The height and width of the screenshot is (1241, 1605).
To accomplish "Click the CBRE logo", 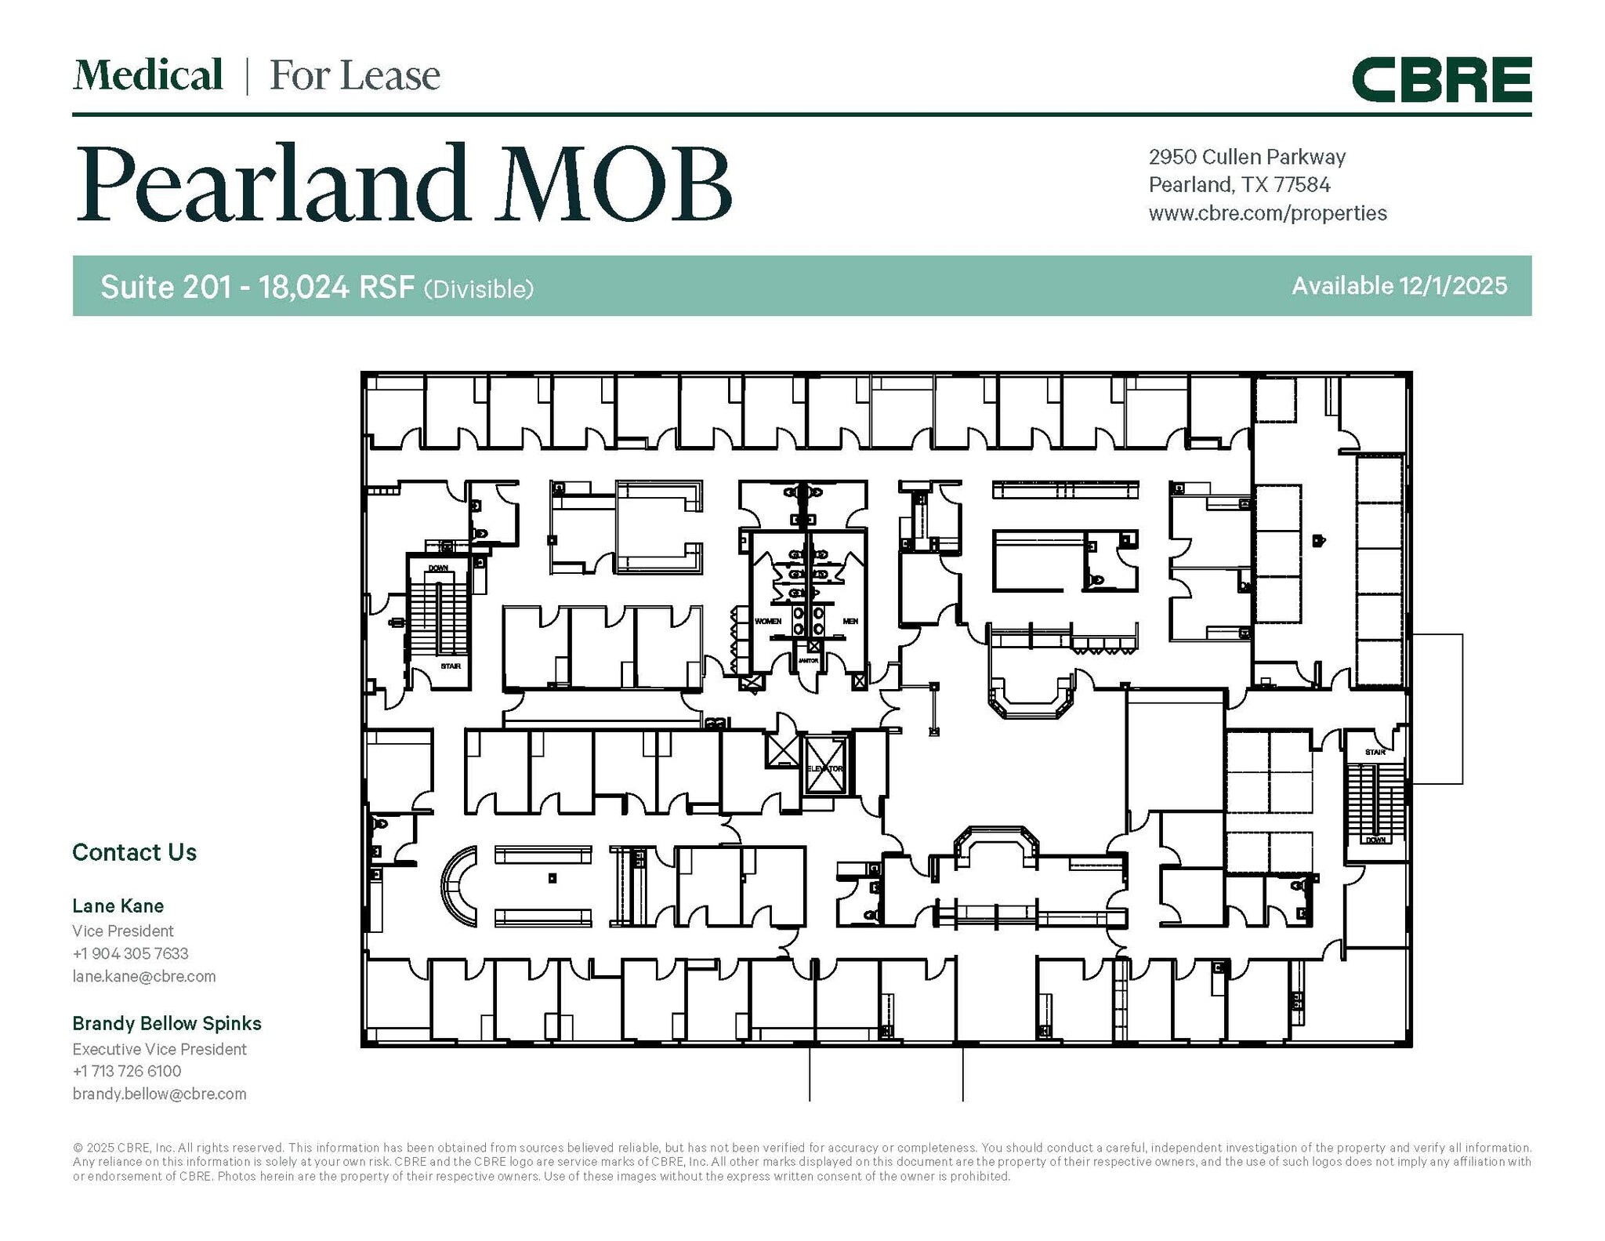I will point(1440,79).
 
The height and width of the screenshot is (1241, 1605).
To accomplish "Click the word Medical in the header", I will point(147,76).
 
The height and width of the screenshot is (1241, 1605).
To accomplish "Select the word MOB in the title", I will point(613,183).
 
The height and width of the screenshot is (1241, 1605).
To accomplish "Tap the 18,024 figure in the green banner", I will point(304,288).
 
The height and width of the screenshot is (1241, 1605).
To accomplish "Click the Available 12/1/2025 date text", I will point(1399,286).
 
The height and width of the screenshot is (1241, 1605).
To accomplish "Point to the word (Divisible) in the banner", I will point(479,289).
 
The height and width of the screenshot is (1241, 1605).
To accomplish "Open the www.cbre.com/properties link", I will point(1267,213).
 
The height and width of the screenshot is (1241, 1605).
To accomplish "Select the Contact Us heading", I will point(134,852).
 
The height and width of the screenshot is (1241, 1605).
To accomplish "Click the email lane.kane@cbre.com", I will point(143,976).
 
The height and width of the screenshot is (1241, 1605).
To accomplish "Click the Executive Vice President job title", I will point(159,1049).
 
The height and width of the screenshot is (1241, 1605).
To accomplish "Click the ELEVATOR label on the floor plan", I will point(824,768).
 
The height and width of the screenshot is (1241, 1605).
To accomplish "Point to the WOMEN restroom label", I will point(767,621).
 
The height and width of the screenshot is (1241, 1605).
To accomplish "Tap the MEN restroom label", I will point(850,621).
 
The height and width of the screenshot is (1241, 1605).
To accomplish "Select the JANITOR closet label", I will point(807,660).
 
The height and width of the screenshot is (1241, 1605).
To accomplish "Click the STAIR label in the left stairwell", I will point(450,666).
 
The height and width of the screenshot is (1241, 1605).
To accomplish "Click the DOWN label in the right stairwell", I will point(1375,840).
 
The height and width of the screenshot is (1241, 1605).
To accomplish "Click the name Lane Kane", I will point(118,906).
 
